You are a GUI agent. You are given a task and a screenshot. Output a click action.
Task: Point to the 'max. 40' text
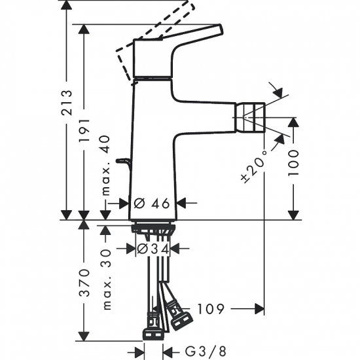(106, 172)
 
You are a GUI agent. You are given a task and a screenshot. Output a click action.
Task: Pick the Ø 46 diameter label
(153, 203)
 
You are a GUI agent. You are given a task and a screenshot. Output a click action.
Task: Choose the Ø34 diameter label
(153, 249)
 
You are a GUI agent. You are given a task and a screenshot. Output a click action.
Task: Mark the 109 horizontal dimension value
(211, 308)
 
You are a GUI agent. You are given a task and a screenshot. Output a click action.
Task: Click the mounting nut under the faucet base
(153, 228)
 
